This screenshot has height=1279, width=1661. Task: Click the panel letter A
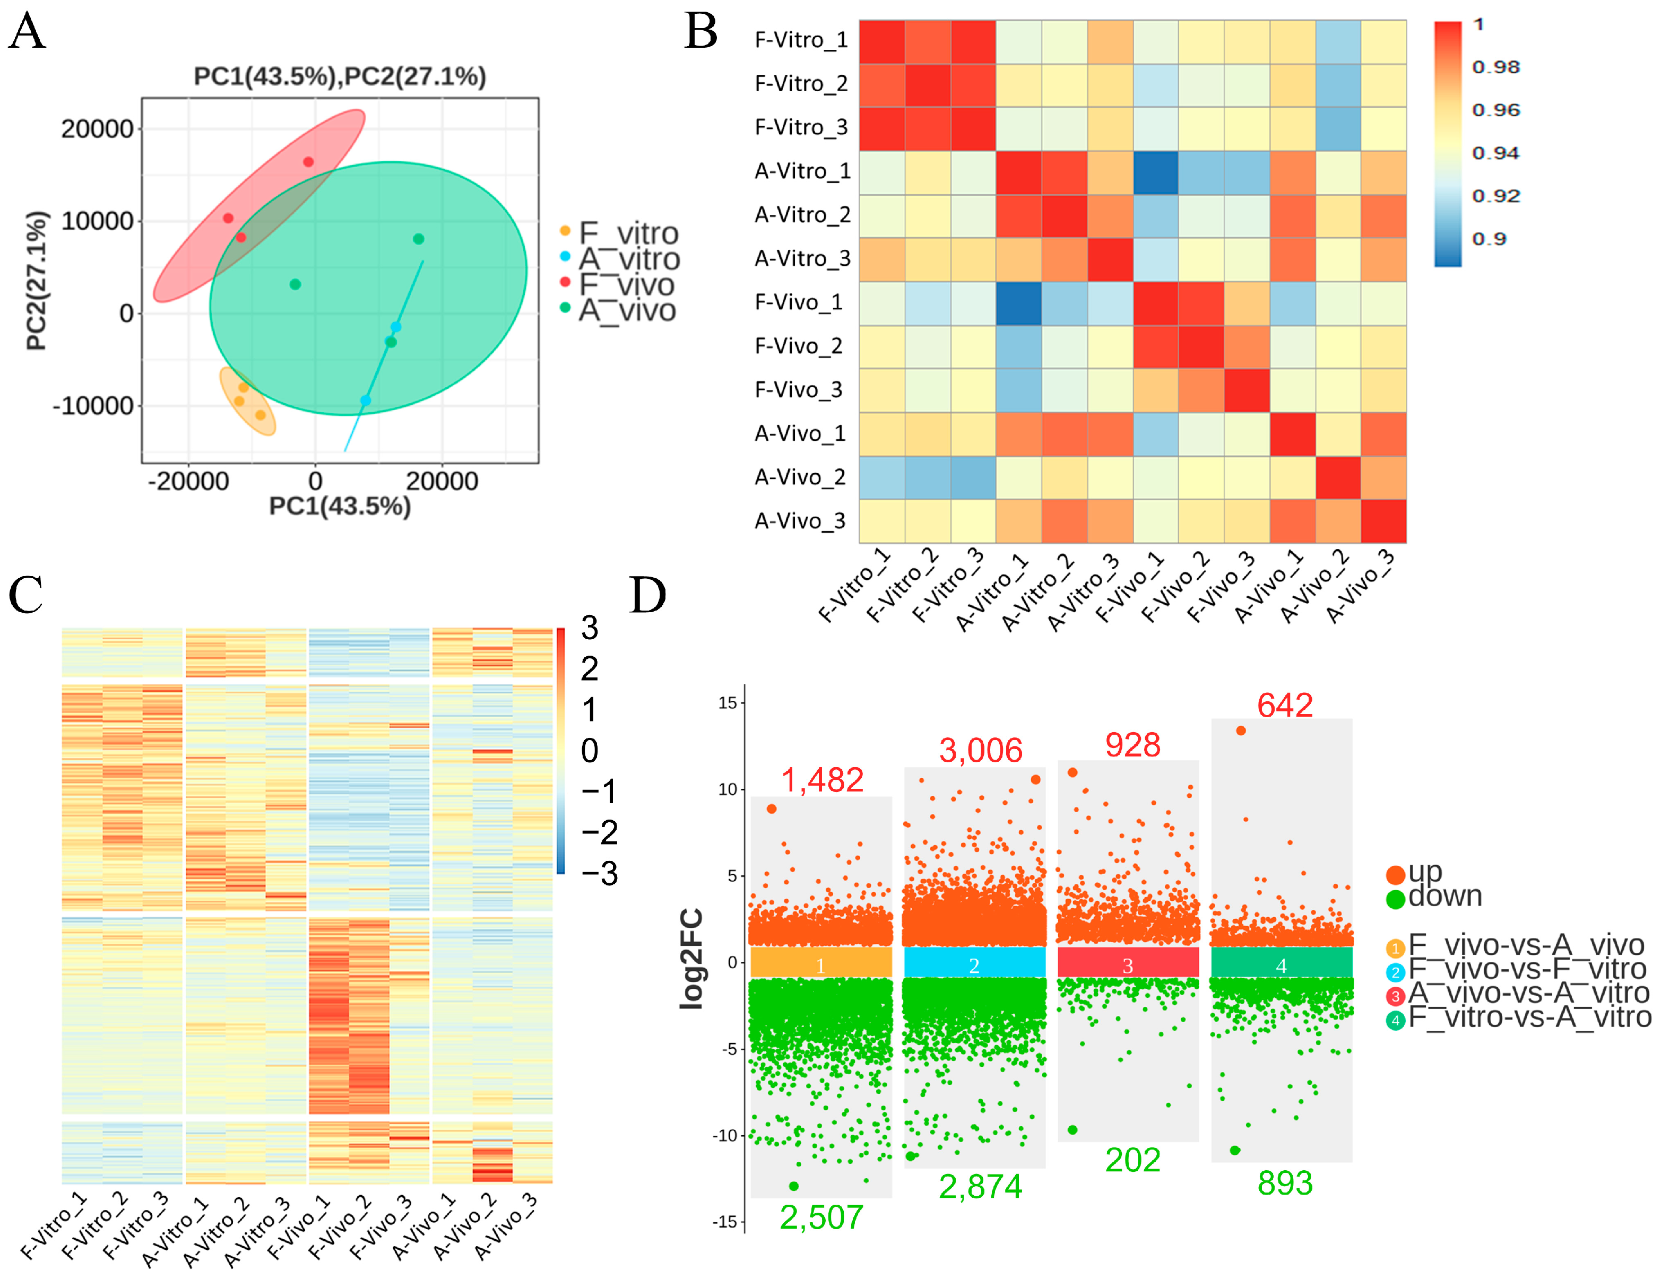coord(28,32)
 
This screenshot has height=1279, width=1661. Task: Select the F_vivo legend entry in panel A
coord(626,284)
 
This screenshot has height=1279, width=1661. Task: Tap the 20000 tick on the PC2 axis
coord(97,128)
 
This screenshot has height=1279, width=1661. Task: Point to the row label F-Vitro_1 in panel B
coord(800,40)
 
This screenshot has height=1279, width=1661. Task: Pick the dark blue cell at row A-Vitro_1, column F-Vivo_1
coord(1155,172)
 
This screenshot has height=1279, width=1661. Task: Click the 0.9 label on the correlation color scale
coord(1489,239)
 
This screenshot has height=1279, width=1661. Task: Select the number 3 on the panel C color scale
coord(590,628)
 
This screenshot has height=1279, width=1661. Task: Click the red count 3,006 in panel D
coord(980,751)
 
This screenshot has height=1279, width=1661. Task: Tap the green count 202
coord(1132,1160)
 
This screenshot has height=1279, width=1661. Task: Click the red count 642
coord(1285,705)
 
